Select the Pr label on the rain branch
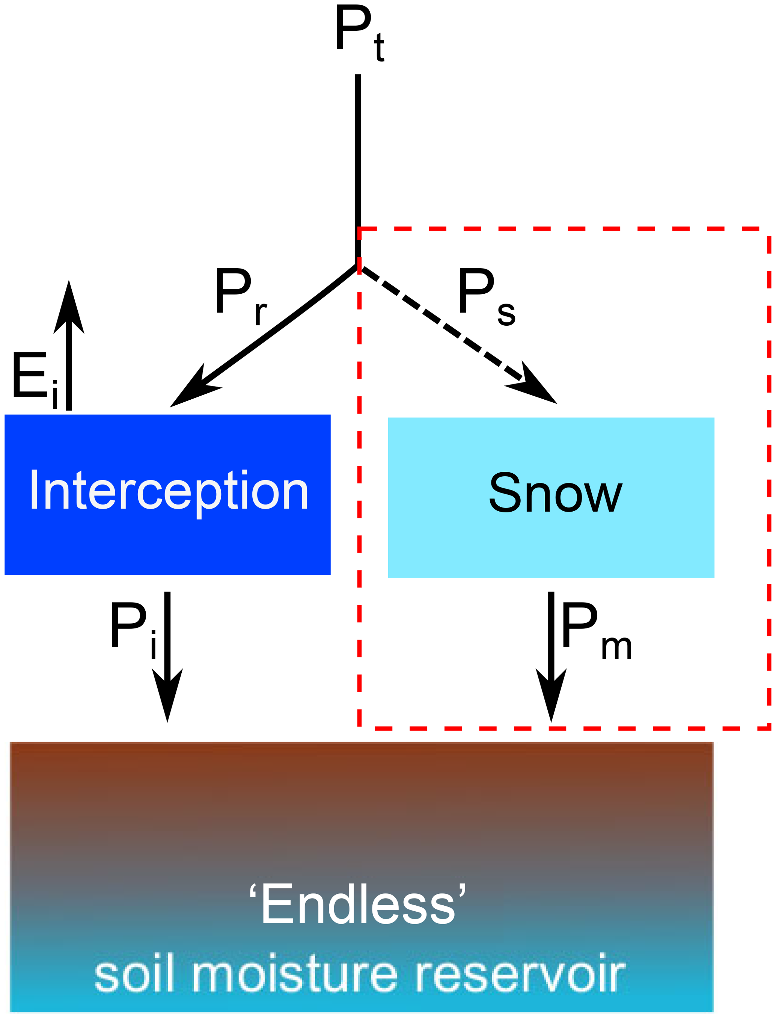coord(240,296)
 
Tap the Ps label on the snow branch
coord(485,296)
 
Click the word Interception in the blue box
coord(169,491)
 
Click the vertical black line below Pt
coord(358,162)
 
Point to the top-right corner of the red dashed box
coord(769,229)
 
